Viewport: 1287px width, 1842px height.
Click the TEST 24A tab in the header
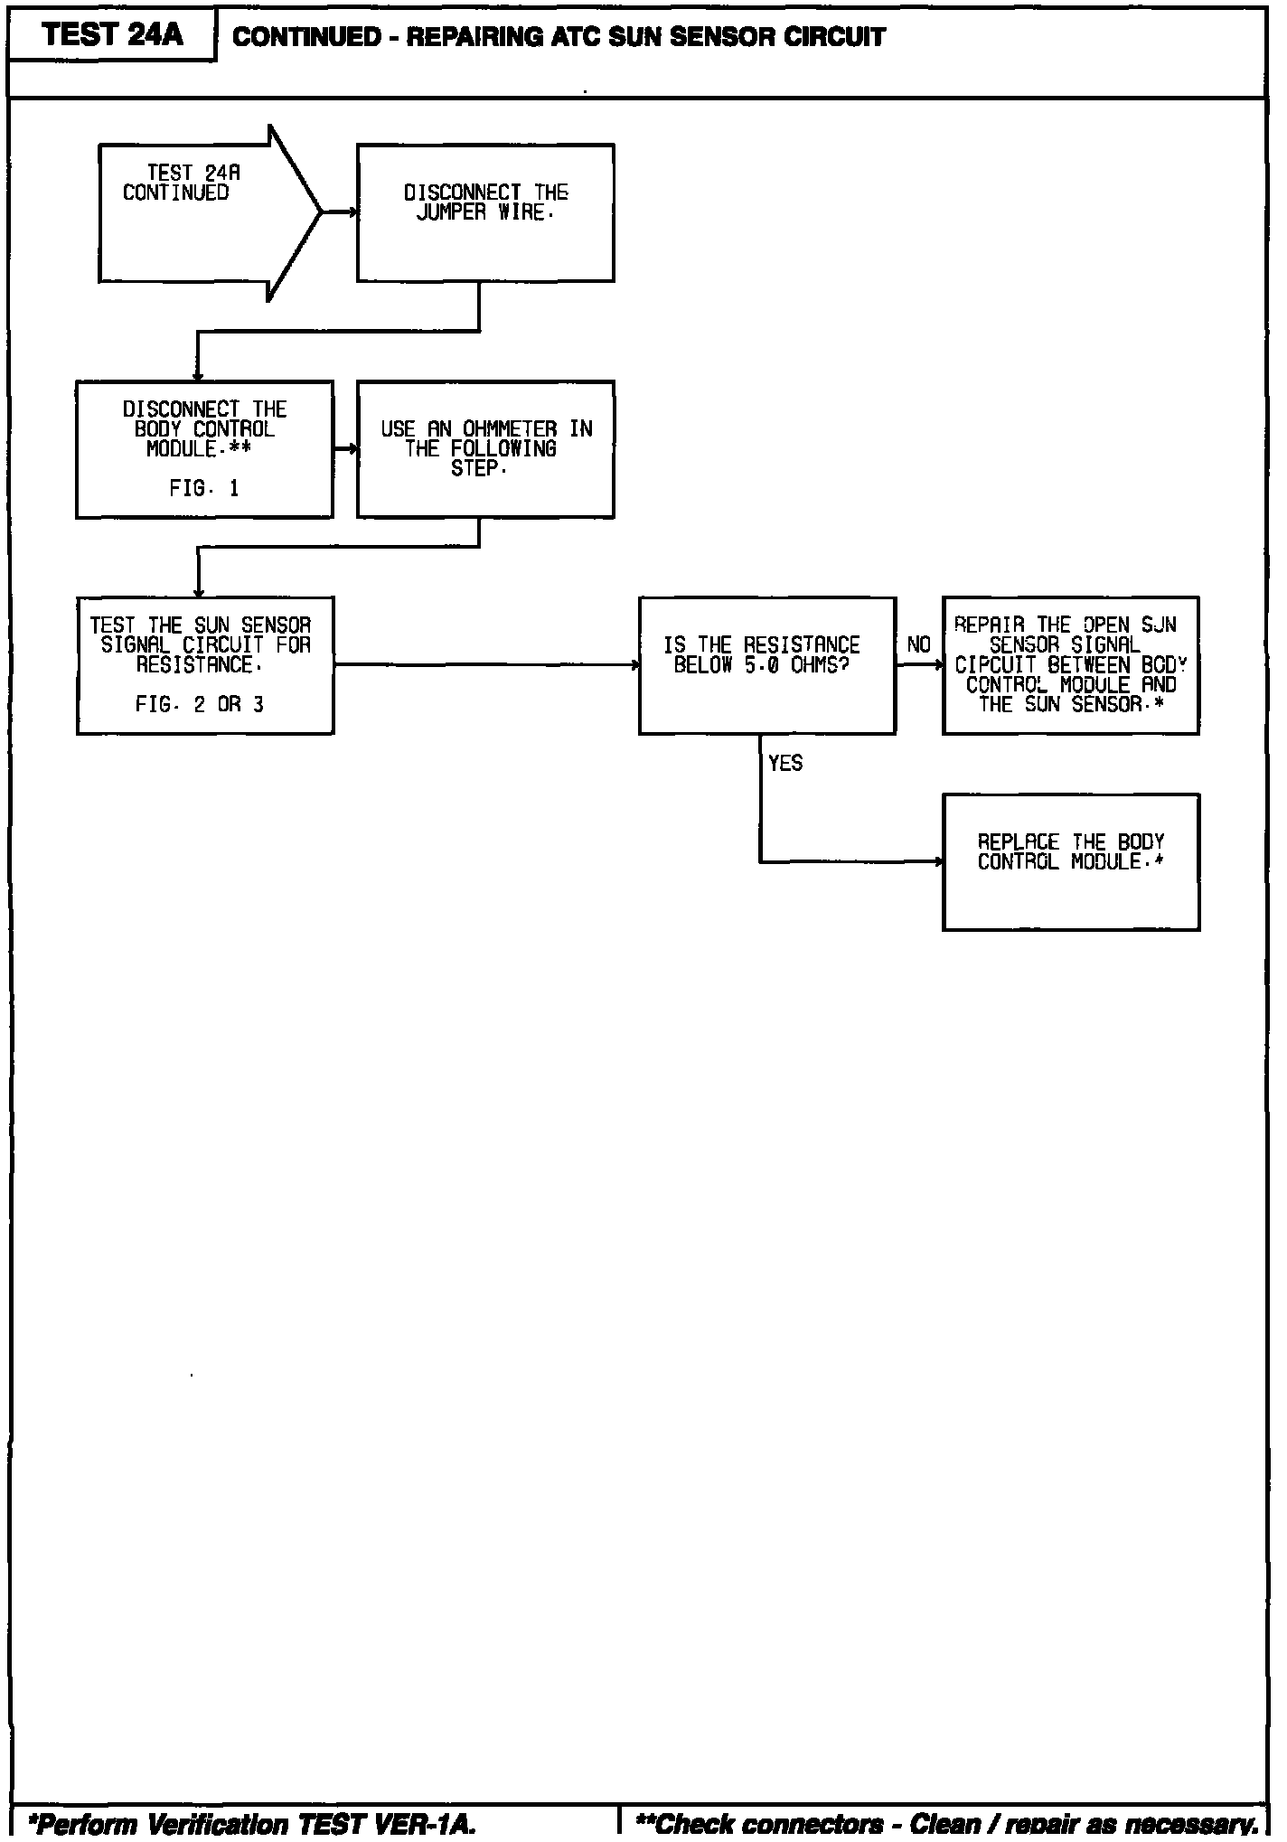coord(112,34)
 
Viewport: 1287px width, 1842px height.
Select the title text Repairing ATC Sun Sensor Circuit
coord(559,37)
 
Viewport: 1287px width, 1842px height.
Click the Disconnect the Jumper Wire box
coord(485,213)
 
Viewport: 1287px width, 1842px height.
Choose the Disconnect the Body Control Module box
coord(204,449)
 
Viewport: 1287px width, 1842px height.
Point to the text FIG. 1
coord(204,489)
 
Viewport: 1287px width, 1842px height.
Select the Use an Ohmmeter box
coord(485,449)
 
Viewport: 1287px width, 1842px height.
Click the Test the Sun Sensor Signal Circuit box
coord(204,665)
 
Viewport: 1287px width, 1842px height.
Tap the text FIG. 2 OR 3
coord(200,705)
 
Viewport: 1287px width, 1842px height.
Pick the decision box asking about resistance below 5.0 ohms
coord(766,665)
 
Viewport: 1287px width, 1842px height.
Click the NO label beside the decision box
coord(918,644)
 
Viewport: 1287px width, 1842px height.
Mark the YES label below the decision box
coord(784,764)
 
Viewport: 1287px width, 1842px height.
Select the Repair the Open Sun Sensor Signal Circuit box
coord(1070,665)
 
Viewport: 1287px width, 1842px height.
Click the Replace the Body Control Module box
coord(1070,861)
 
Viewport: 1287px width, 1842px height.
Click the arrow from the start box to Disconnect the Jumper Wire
coord(340,213)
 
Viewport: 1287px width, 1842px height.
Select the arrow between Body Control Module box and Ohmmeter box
coord(345,449)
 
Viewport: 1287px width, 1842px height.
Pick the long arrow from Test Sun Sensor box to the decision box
coord(486,665)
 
